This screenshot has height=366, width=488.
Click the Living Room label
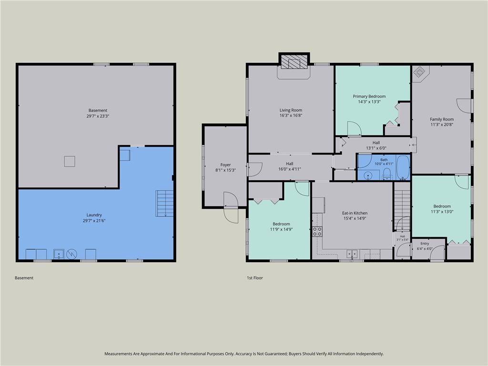pos(291,110)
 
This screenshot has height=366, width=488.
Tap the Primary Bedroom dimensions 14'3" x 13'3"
pos(369,102)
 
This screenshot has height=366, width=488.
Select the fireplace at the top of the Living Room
pos(294,61)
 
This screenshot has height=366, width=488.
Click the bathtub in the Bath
pos(403,167)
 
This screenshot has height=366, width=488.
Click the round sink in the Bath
pos(368,176)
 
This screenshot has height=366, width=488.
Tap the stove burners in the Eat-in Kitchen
pos(317,232)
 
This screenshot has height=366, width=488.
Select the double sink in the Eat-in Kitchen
pos(352,254)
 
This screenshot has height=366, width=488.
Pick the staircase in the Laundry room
pos(164,203)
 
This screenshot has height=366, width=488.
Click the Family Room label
pos(442,119)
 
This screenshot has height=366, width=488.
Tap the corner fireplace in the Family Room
pos(420,73)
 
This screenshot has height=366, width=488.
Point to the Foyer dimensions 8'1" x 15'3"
pos(225,170)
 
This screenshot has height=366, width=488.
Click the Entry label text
pos(425,244)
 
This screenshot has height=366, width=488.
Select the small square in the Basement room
pos(70,162)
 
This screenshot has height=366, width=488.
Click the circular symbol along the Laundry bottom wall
pos(71,254)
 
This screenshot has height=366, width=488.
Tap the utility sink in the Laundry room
pos(59,254)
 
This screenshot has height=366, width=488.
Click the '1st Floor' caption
pos(255,278)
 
